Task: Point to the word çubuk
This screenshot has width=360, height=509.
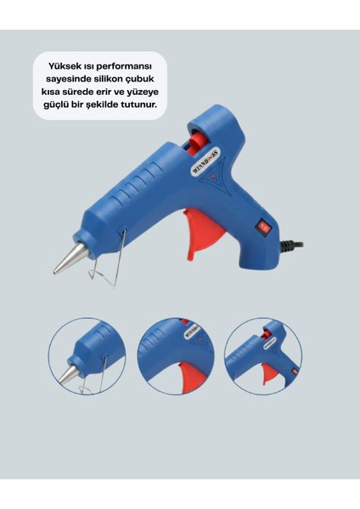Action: point(144,80)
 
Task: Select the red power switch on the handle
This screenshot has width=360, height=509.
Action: point(263,227)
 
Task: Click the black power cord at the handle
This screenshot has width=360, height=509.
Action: point(291,246)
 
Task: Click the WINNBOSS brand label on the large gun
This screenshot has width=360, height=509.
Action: point(206,162)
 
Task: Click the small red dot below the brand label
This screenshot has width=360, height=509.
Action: point(213,176)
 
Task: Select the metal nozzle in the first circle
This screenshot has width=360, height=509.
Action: point(69,375)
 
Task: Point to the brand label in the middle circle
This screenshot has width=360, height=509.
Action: point(193,331)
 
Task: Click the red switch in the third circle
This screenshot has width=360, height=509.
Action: point(295,371)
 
